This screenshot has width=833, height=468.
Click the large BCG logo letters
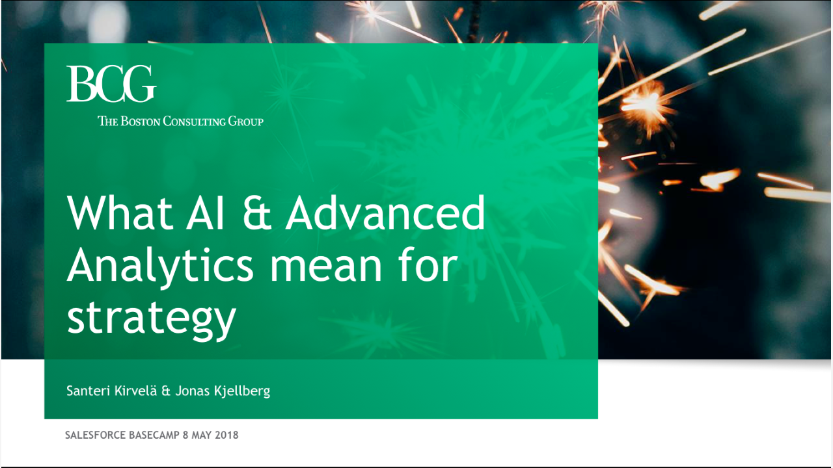111,84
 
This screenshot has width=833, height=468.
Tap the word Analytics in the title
160,266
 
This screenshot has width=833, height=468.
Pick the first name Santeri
88,391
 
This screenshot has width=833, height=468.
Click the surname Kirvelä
135,391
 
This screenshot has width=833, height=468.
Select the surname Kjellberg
241,391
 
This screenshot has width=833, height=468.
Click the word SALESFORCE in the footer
95,435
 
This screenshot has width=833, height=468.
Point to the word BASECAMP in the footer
154,435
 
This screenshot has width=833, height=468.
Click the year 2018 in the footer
226,435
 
